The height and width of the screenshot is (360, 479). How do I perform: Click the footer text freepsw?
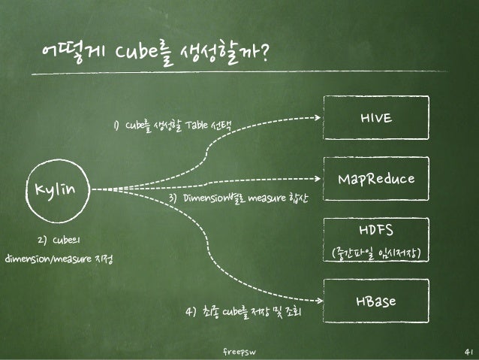click(239, 352)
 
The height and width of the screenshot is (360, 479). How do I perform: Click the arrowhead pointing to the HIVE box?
click(315, 117)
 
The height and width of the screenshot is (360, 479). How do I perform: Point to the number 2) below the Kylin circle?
click(42, 241)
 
